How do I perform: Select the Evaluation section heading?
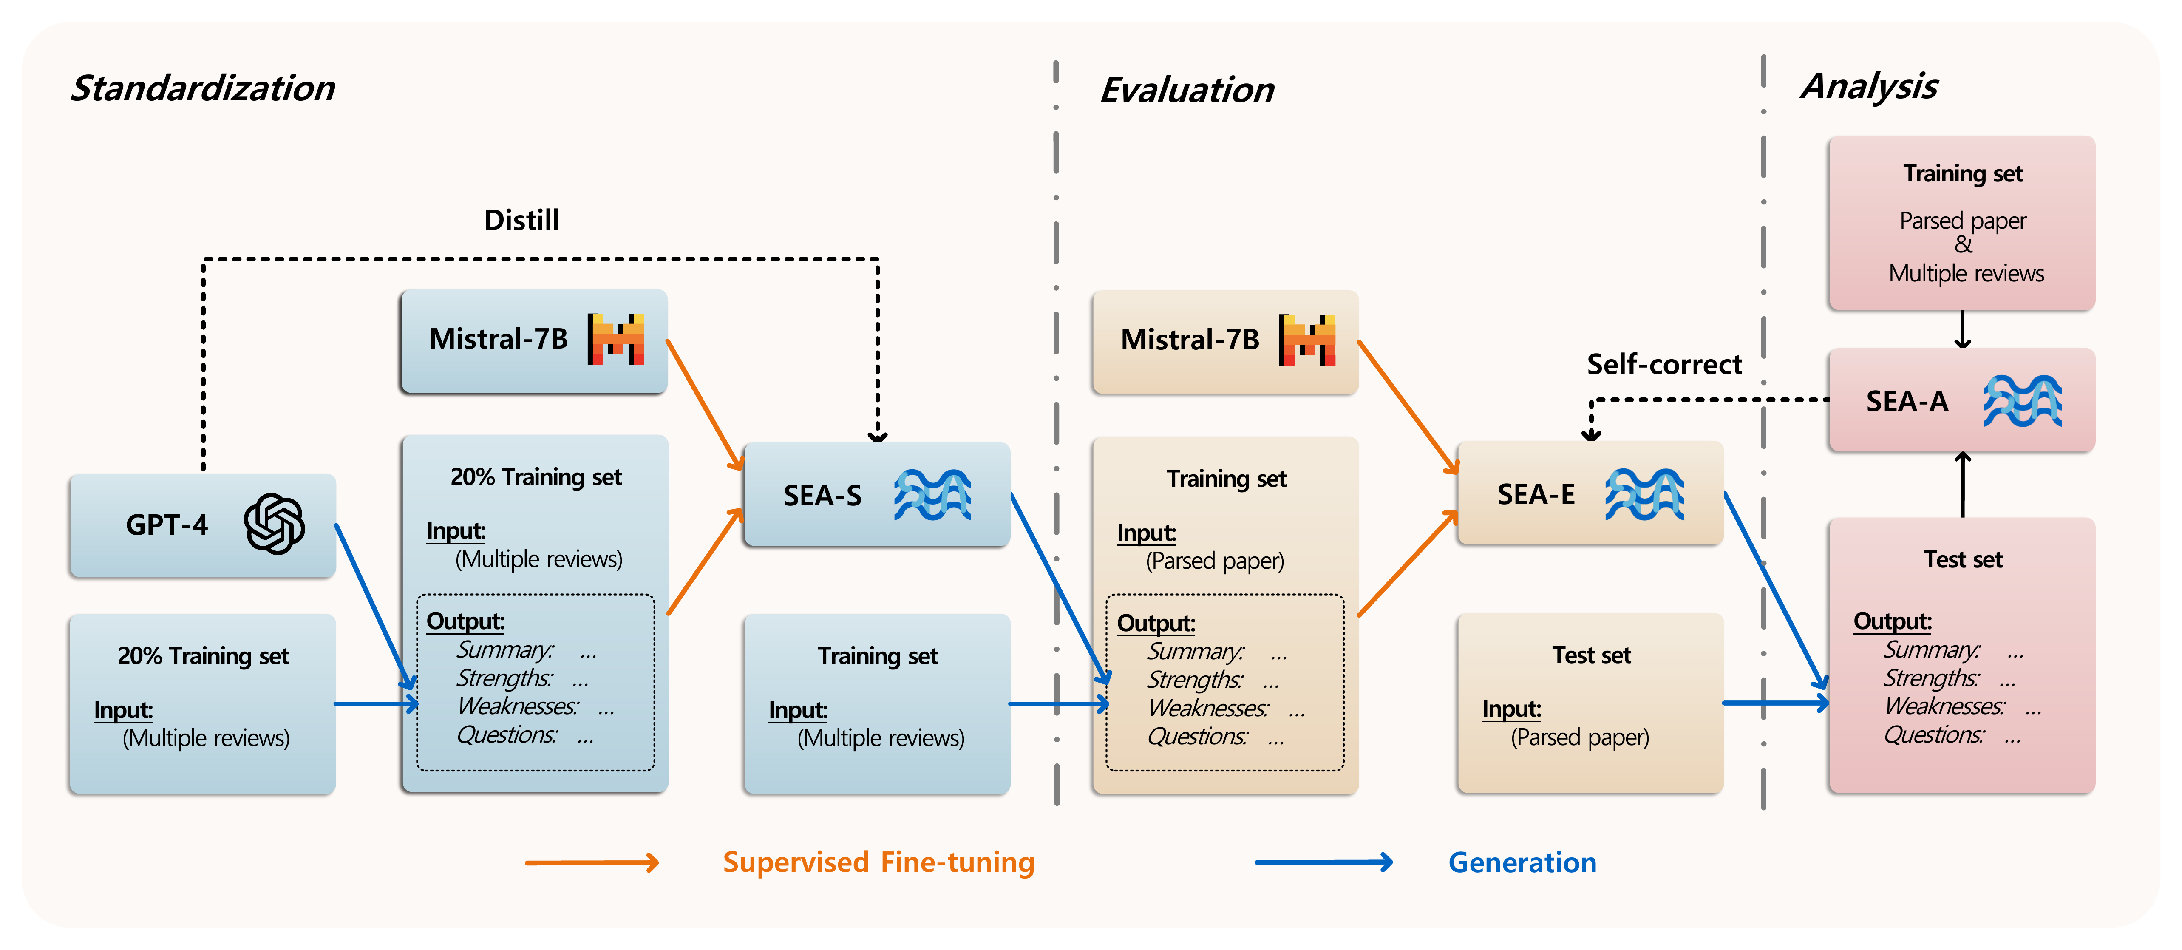1187,90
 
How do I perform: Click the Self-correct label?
1663,364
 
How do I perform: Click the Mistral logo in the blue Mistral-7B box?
616,339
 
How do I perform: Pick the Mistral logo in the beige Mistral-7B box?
1307,340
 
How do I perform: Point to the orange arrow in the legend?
591,863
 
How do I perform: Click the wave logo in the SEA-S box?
932,495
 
